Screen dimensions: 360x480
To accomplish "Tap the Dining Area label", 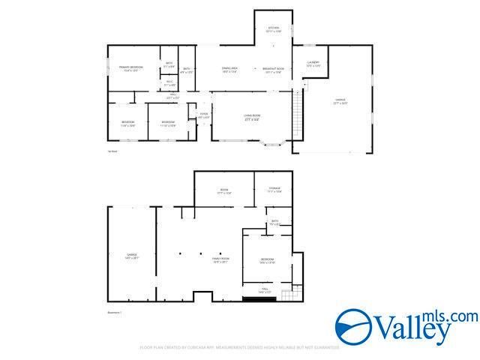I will pyautogui.click(x=229, y=70).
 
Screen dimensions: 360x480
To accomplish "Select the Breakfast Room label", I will pyautogui.click(x=271, y=70).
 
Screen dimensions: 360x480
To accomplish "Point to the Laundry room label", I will pyautogui.click(x=313, y=64).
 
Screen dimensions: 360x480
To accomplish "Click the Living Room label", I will pyautogui.click(x=251, y=118).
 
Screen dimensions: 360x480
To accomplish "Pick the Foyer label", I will pyautogui.click(x=203, y=116).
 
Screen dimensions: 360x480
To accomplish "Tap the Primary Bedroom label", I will pyautogui.click(x=131, y=69).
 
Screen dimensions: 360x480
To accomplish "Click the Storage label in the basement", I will pyautogui.click(x=274, y=190).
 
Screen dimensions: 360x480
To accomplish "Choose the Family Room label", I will pyautogui.click(x=220, y=260).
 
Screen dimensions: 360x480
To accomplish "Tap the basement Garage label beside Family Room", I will pyautogui.click(x=132, y=256).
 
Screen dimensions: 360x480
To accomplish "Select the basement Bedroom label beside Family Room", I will pyautogui.click(x=267, y=261).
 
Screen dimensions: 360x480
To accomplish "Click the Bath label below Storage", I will pyautogui.click(x=275, y=222).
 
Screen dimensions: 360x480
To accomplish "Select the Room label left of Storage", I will pyautogui.click(x=223, y=192).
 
